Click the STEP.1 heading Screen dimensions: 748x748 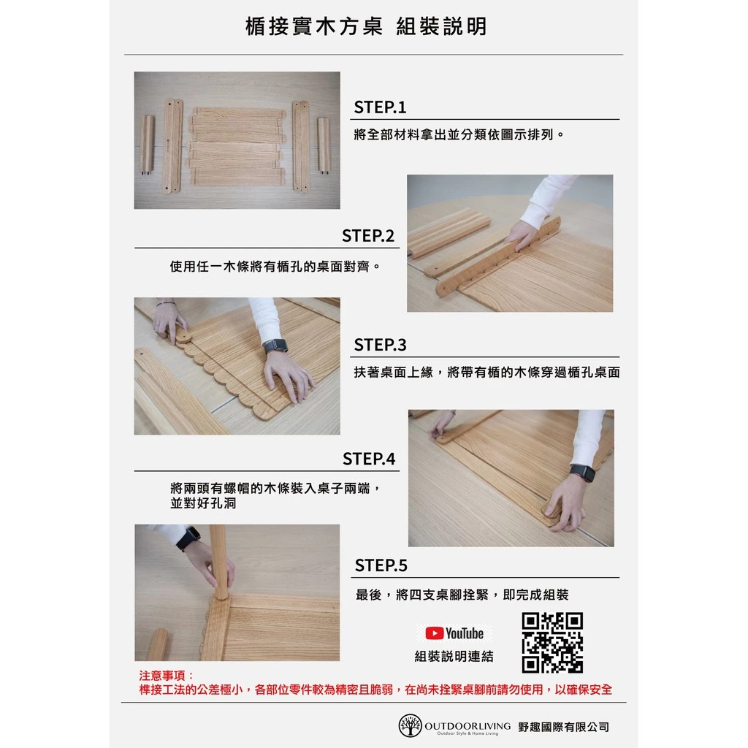380,107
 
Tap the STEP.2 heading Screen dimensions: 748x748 368,236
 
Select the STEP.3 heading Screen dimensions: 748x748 380,344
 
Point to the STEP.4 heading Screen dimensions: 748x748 369,459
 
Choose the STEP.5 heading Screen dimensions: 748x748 381,565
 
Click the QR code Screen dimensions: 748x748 552,643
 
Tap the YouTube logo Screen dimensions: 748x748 454,633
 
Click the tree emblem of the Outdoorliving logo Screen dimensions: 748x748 410,725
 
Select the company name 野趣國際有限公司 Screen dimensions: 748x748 563,727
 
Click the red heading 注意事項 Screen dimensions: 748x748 167,676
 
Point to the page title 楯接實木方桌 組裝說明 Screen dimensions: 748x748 366,27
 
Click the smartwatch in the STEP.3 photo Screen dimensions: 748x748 275,346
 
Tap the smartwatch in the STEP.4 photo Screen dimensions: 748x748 583,473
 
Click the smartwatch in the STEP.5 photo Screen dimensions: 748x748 188,538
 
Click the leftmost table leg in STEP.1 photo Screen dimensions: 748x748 147,145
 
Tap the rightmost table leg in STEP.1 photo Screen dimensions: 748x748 324,145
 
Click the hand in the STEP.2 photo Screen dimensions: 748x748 522,234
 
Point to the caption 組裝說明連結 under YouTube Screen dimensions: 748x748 454,657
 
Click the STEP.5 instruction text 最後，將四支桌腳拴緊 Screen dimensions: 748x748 462,595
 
